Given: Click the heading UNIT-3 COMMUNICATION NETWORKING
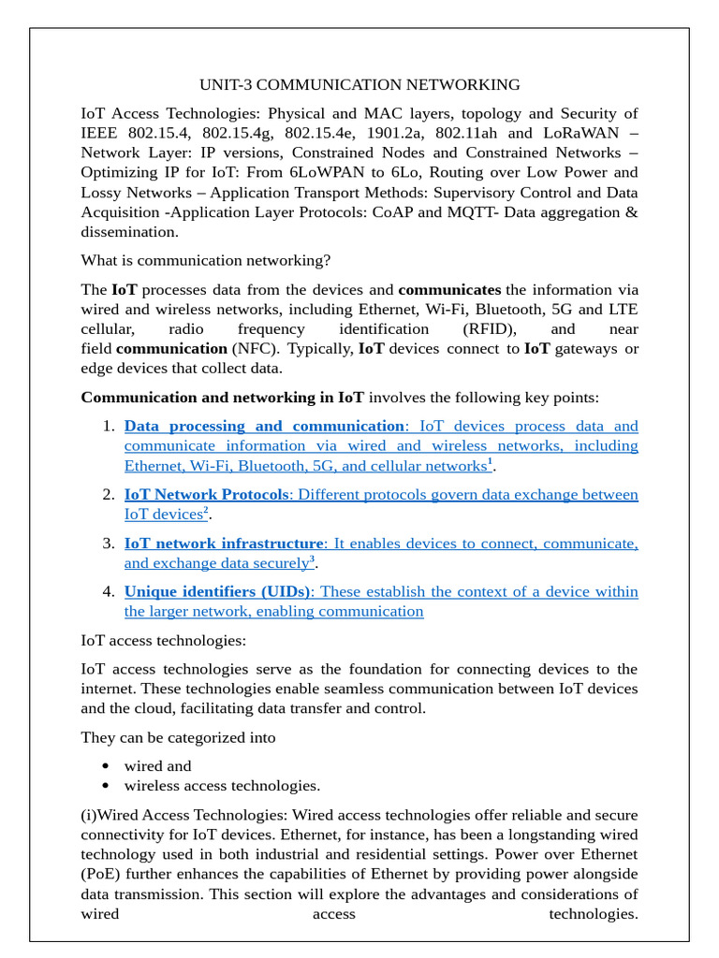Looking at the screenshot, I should [360, 85].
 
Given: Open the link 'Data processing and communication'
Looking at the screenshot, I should [264, 426].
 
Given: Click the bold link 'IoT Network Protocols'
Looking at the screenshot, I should [206, 494].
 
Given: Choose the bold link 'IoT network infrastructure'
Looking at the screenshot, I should [224, 543].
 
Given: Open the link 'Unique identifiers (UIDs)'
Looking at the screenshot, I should [218, 591].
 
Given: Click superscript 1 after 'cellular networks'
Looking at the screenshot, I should [490, 462].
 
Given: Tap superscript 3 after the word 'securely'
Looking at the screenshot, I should [312, 559].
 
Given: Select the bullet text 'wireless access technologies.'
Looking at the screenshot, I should [222, 786].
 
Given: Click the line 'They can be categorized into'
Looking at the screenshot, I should [179, 737].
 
